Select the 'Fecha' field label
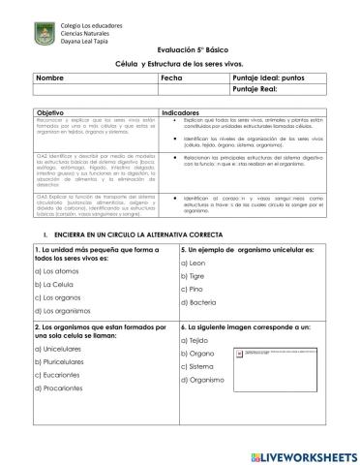coord(171,76)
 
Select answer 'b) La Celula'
coord(55,285)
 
